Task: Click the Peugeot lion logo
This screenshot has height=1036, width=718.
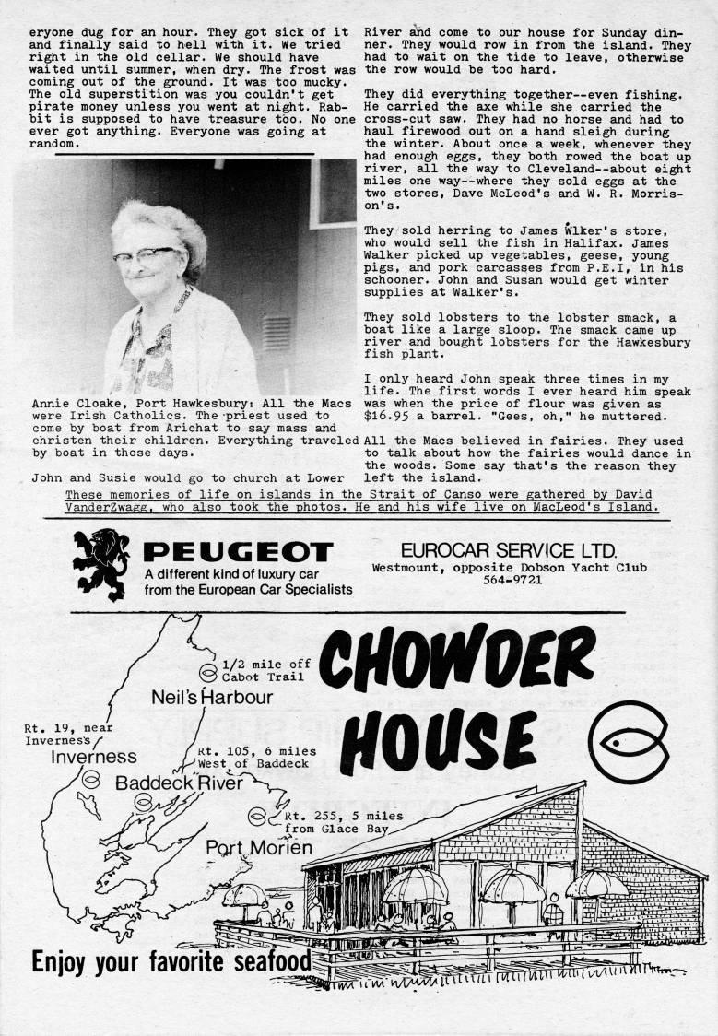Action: pos(101,563)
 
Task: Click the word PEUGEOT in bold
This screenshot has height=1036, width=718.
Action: pos(238,552)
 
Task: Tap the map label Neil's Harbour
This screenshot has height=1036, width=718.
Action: pos(212,697)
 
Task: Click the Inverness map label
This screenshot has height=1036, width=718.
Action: pos(93,757)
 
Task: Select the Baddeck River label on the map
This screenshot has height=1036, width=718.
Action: pos(180,783)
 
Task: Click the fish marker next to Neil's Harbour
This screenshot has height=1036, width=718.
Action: pos(209,670)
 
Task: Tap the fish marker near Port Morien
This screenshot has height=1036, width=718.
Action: pos(257,817)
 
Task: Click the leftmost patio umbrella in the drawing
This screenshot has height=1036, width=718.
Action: pos(244,893)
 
